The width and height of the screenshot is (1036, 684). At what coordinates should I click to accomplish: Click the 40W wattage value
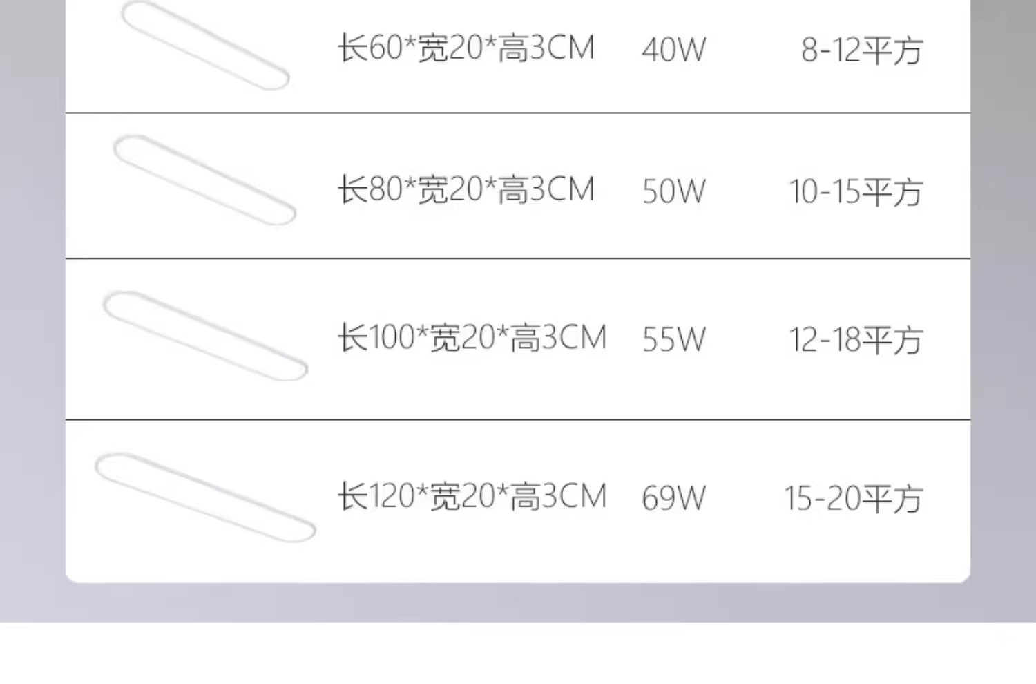coord(673,50)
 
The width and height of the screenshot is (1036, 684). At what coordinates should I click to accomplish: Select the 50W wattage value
coord(673,191)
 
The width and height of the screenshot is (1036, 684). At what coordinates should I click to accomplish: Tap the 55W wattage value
coord(673,339)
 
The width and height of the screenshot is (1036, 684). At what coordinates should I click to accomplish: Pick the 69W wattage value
coord(673,498)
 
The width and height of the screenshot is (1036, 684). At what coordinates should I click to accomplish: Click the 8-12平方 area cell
coord(861,50)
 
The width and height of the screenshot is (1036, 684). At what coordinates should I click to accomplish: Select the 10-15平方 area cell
coord(855,192)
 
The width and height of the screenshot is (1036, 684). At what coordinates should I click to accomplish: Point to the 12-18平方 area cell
coord(855,340)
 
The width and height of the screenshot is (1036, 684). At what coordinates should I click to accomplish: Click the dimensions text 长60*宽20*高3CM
coord(466,48)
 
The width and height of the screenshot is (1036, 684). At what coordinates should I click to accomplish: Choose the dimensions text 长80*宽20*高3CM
coord(466,190)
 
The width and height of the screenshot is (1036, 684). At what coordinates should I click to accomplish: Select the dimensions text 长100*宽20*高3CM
coord(472,338)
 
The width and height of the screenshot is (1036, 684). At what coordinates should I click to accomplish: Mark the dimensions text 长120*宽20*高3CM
coord(472,497)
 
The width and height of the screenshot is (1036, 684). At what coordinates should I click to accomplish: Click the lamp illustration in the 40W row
coord(204,46)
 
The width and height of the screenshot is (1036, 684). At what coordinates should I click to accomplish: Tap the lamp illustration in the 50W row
coord(204,180)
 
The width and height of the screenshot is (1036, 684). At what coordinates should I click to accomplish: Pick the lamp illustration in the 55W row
coord(205,336)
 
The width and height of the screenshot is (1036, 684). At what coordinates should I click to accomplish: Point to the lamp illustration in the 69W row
coord(205,497)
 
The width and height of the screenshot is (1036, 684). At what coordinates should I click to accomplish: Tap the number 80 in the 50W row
coord(385,190)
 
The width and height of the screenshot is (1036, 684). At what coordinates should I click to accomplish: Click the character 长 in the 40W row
coord(352,48)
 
